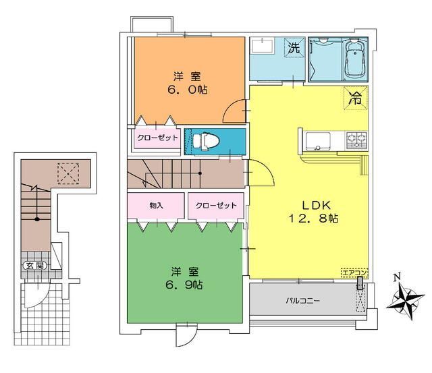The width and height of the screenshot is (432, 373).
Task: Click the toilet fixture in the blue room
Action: coord(206,142)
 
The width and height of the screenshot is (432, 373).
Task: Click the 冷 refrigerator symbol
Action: coord(356,98)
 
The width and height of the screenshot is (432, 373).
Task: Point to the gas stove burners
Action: coord(357,140)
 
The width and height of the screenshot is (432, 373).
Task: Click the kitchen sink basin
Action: coord(318,141)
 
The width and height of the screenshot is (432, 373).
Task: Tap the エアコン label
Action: coord(354,272)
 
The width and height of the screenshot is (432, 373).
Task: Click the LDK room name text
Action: coord(316,205)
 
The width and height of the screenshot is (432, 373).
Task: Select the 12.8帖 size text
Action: coord(313,219)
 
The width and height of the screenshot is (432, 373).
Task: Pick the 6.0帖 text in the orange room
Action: coord(188,90)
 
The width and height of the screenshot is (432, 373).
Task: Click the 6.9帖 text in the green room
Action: coord(184,285)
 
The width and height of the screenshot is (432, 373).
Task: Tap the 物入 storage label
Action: coord(156,205)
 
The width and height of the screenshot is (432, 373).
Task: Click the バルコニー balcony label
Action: coord(302,300)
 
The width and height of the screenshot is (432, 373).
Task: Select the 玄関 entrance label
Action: coord(35,266)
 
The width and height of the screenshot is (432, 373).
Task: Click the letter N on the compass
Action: coord(397,277)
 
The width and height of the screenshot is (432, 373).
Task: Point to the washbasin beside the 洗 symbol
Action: coord(262,47)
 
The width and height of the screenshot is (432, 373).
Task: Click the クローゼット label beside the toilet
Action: coord(157,138)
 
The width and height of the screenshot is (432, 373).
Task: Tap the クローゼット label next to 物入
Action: coord(216,205)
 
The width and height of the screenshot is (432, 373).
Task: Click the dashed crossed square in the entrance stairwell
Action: coord(68,173)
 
